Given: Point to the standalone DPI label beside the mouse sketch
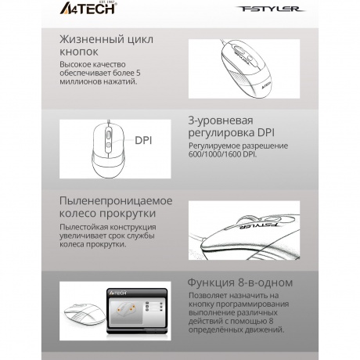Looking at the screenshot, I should tap(146, 141).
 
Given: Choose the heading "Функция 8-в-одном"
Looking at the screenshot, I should tap(240, 283).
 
